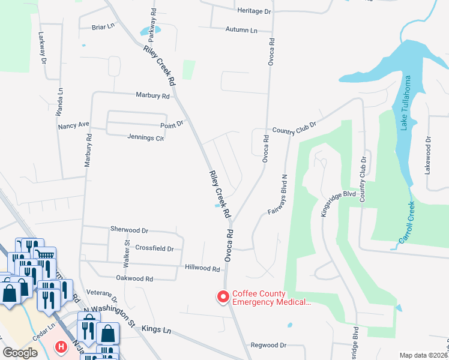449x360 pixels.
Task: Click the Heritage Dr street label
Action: [x=255, y=11]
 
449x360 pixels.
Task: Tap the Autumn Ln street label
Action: [x=241, y=29]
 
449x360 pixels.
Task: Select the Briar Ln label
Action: [x=103, y=27]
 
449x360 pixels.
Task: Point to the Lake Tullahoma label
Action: [x=406, y=103]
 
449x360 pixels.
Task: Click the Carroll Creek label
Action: [x=407, y=225]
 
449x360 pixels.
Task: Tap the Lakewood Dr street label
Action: [x=429, y=155]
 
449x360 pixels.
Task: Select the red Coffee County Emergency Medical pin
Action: [x=223, y=297]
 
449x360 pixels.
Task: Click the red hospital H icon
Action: [x=61, y=347]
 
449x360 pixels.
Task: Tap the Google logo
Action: [x=20, y=353]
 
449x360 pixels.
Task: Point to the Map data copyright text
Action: [x=424, y=355]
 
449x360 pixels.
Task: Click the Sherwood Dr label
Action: [x=128, y=230]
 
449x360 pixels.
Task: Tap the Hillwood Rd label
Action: [x=202, y=269]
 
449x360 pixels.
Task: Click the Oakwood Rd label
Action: [x=136, y=278]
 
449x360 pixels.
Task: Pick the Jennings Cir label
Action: [x=145, y=137]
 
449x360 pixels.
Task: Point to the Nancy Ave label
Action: [x=73, y=125]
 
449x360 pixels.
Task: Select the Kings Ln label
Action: [x=156, y=329]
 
